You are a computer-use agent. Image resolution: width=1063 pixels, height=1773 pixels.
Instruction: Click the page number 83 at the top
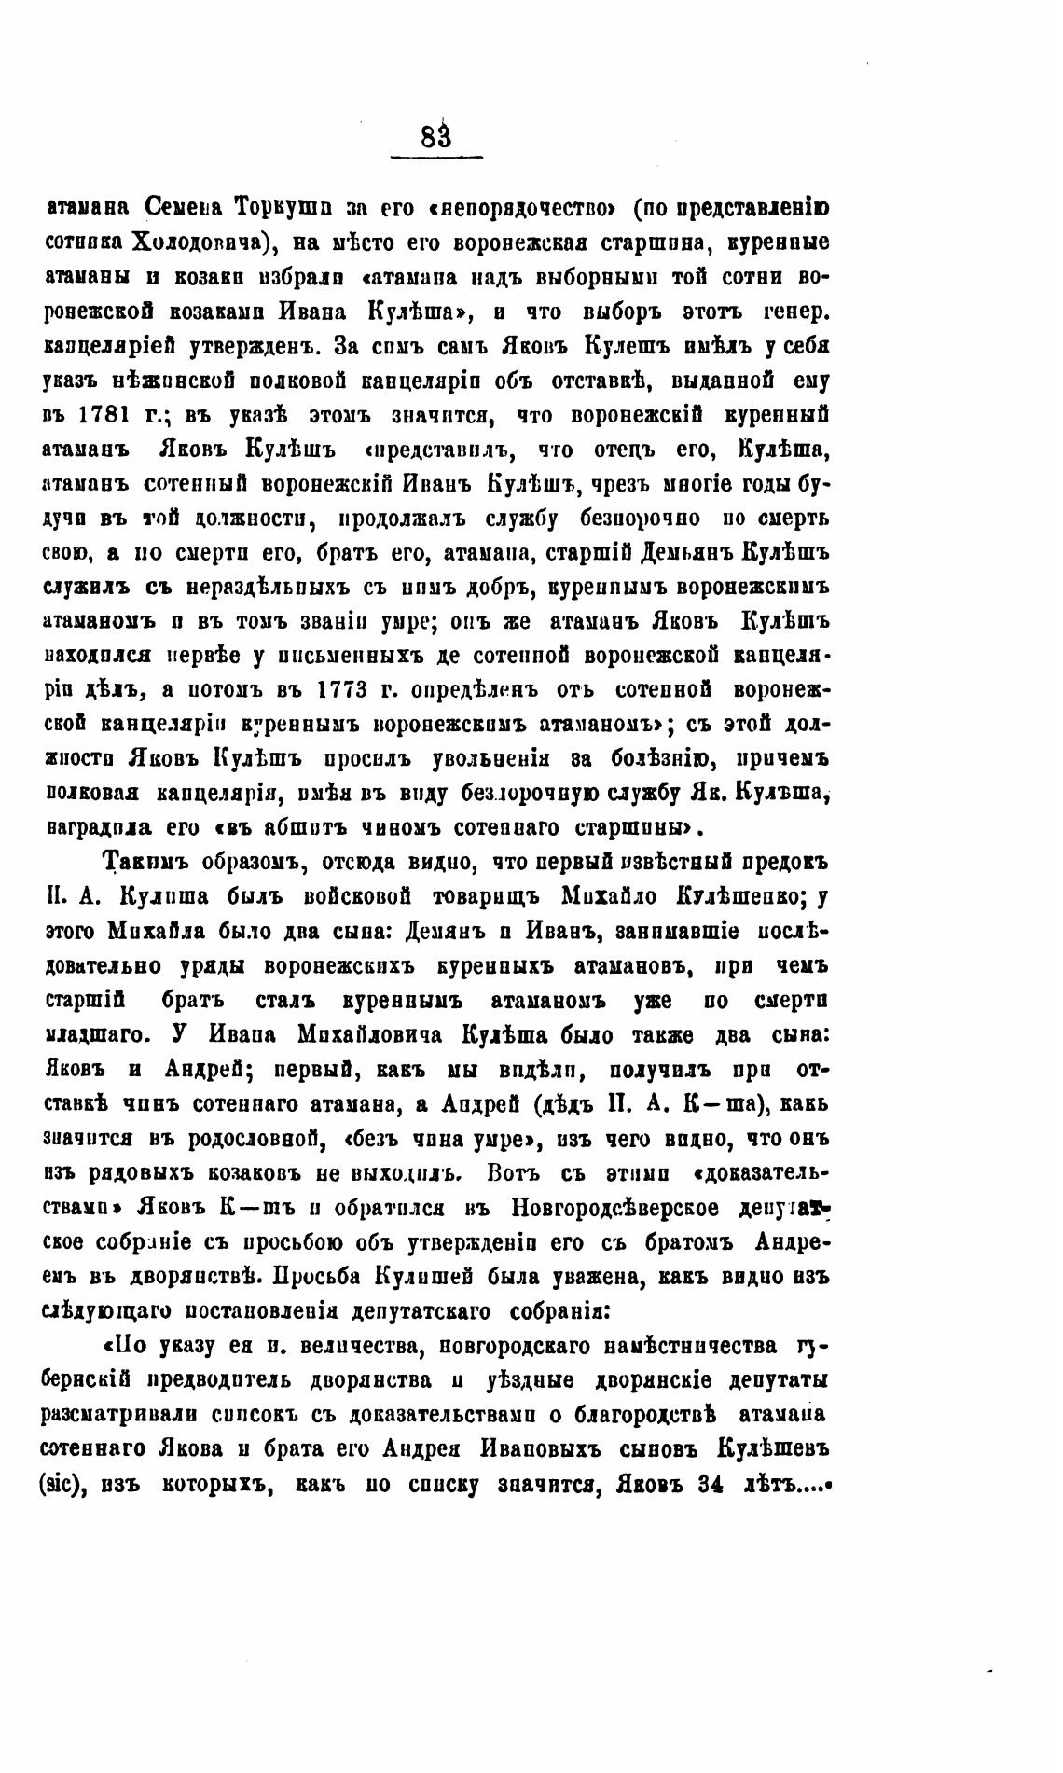click(435, 137)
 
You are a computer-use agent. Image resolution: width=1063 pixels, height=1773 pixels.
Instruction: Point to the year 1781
click(112, 414)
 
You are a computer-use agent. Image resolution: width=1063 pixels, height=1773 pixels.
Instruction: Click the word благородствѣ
click(639, 1415)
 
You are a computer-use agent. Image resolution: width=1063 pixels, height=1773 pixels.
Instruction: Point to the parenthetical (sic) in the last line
click(64, 1485)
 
